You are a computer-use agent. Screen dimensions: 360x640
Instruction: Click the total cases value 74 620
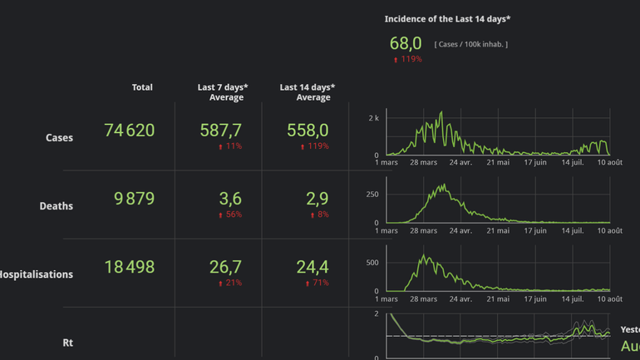pos(129,131)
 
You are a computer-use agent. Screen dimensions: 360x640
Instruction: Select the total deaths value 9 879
pos(134,199)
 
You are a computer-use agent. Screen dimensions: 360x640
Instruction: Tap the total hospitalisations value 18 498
pos(129,267)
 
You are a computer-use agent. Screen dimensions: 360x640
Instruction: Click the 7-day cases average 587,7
pos(220,131)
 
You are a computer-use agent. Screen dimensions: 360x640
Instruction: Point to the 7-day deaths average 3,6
pos(230,199)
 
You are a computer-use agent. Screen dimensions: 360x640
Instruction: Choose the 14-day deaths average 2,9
pos(317,199)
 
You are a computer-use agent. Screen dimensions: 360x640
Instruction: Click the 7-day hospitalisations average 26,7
pos(225,267)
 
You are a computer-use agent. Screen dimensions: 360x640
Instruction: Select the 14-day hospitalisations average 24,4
pos(312,267)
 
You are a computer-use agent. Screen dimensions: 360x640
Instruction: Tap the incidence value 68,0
pos(406,43)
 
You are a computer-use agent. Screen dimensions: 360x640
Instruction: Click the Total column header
pos(142,87)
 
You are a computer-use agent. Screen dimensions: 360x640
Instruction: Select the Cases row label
pos(59,138)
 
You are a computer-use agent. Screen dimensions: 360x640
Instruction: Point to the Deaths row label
pos(56,206)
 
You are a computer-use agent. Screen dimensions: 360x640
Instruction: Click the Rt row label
pos(67,343)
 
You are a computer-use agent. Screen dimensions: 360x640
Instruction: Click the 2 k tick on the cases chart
pos(373,119)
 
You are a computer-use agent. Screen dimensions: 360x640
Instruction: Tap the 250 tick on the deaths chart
pos(372,195)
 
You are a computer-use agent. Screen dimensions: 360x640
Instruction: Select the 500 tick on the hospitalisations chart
pos(372,263)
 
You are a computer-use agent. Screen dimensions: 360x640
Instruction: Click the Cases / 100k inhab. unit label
pos(470,44)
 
